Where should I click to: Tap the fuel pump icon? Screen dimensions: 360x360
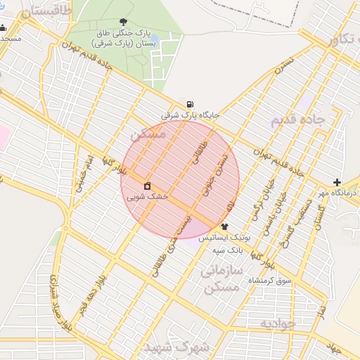[191, 104]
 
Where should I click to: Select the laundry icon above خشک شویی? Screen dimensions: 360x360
[148, 186]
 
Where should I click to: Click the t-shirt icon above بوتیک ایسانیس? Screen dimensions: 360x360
[224, 226]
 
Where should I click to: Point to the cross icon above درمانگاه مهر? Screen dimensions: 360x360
[337, 182]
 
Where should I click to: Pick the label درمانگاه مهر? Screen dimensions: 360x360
[330, 193]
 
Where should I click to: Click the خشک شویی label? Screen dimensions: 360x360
[148, 198]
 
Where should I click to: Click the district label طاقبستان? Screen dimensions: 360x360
[48, 12]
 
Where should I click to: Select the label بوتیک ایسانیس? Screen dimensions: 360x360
[222, 238]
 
